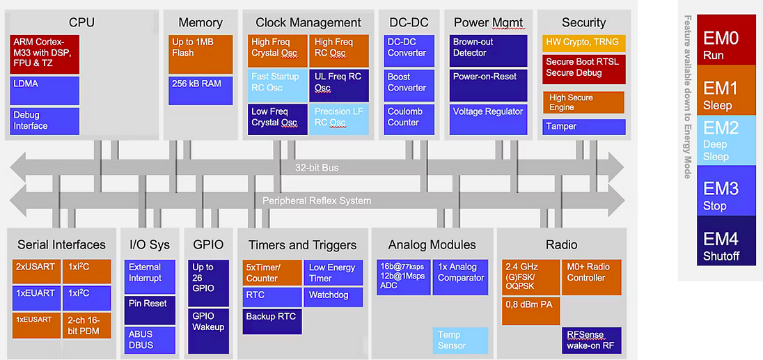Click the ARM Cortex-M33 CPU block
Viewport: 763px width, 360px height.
(45, 54)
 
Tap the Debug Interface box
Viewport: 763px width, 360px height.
(45, 120)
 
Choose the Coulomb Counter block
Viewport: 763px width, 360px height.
(409, 117)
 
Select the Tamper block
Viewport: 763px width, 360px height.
(583, 127)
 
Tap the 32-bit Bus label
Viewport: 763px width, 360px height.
(316, 168)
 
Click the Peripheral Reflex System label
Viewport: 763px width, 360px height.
(316, 201)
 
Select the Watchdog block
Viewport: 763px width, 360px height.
(333, 297)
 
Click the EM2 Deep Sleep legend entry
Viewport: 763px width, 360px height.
(716, 140)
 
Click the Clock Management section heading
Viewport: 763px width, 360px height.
(308, 23)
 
